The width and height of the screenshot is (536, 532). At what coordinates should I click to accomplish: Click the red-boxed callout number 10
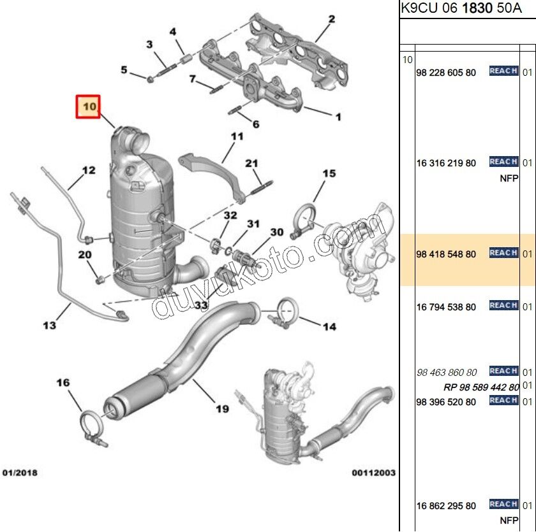[x=88, y=106]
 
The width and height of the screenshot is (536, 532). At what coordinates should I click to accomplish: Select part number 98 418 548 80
[x=445, y=254]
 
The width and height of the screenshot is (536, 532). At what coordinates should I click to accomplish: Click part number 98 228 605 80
[x=445, y=73]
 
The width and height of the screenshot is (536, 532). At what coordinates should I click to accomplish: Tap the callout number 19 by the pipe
[x=221, y=408]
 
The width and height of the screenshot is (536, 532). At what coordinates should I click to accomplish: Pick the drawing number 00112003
[x=373, y=473]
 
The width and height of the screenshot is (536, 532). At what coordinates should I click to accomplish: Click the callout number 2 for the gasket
[x=331, y=19]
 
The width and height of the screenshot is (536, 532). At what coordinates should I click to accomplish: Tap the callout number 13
[x=50, y=326]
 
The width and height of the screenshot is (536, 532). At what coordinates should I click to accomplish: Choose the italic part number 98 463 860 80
[x=446, y=372]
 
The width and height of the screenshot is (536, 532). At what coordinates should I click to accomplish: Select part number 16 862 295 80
[x=445, y=506]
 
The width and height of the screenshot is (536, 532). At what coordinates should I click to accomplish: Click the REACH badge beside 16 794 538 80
[x=503, y=306]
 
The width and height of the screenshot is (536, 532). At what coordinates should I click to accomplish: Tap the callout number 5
[x=124, y=69]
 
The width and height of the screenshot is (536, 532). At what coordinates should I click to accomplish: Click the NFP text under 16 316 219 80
[x=508, y=178]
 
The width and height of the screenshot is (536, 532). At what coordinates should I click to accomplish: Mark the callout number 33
[x=202, y=306]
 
